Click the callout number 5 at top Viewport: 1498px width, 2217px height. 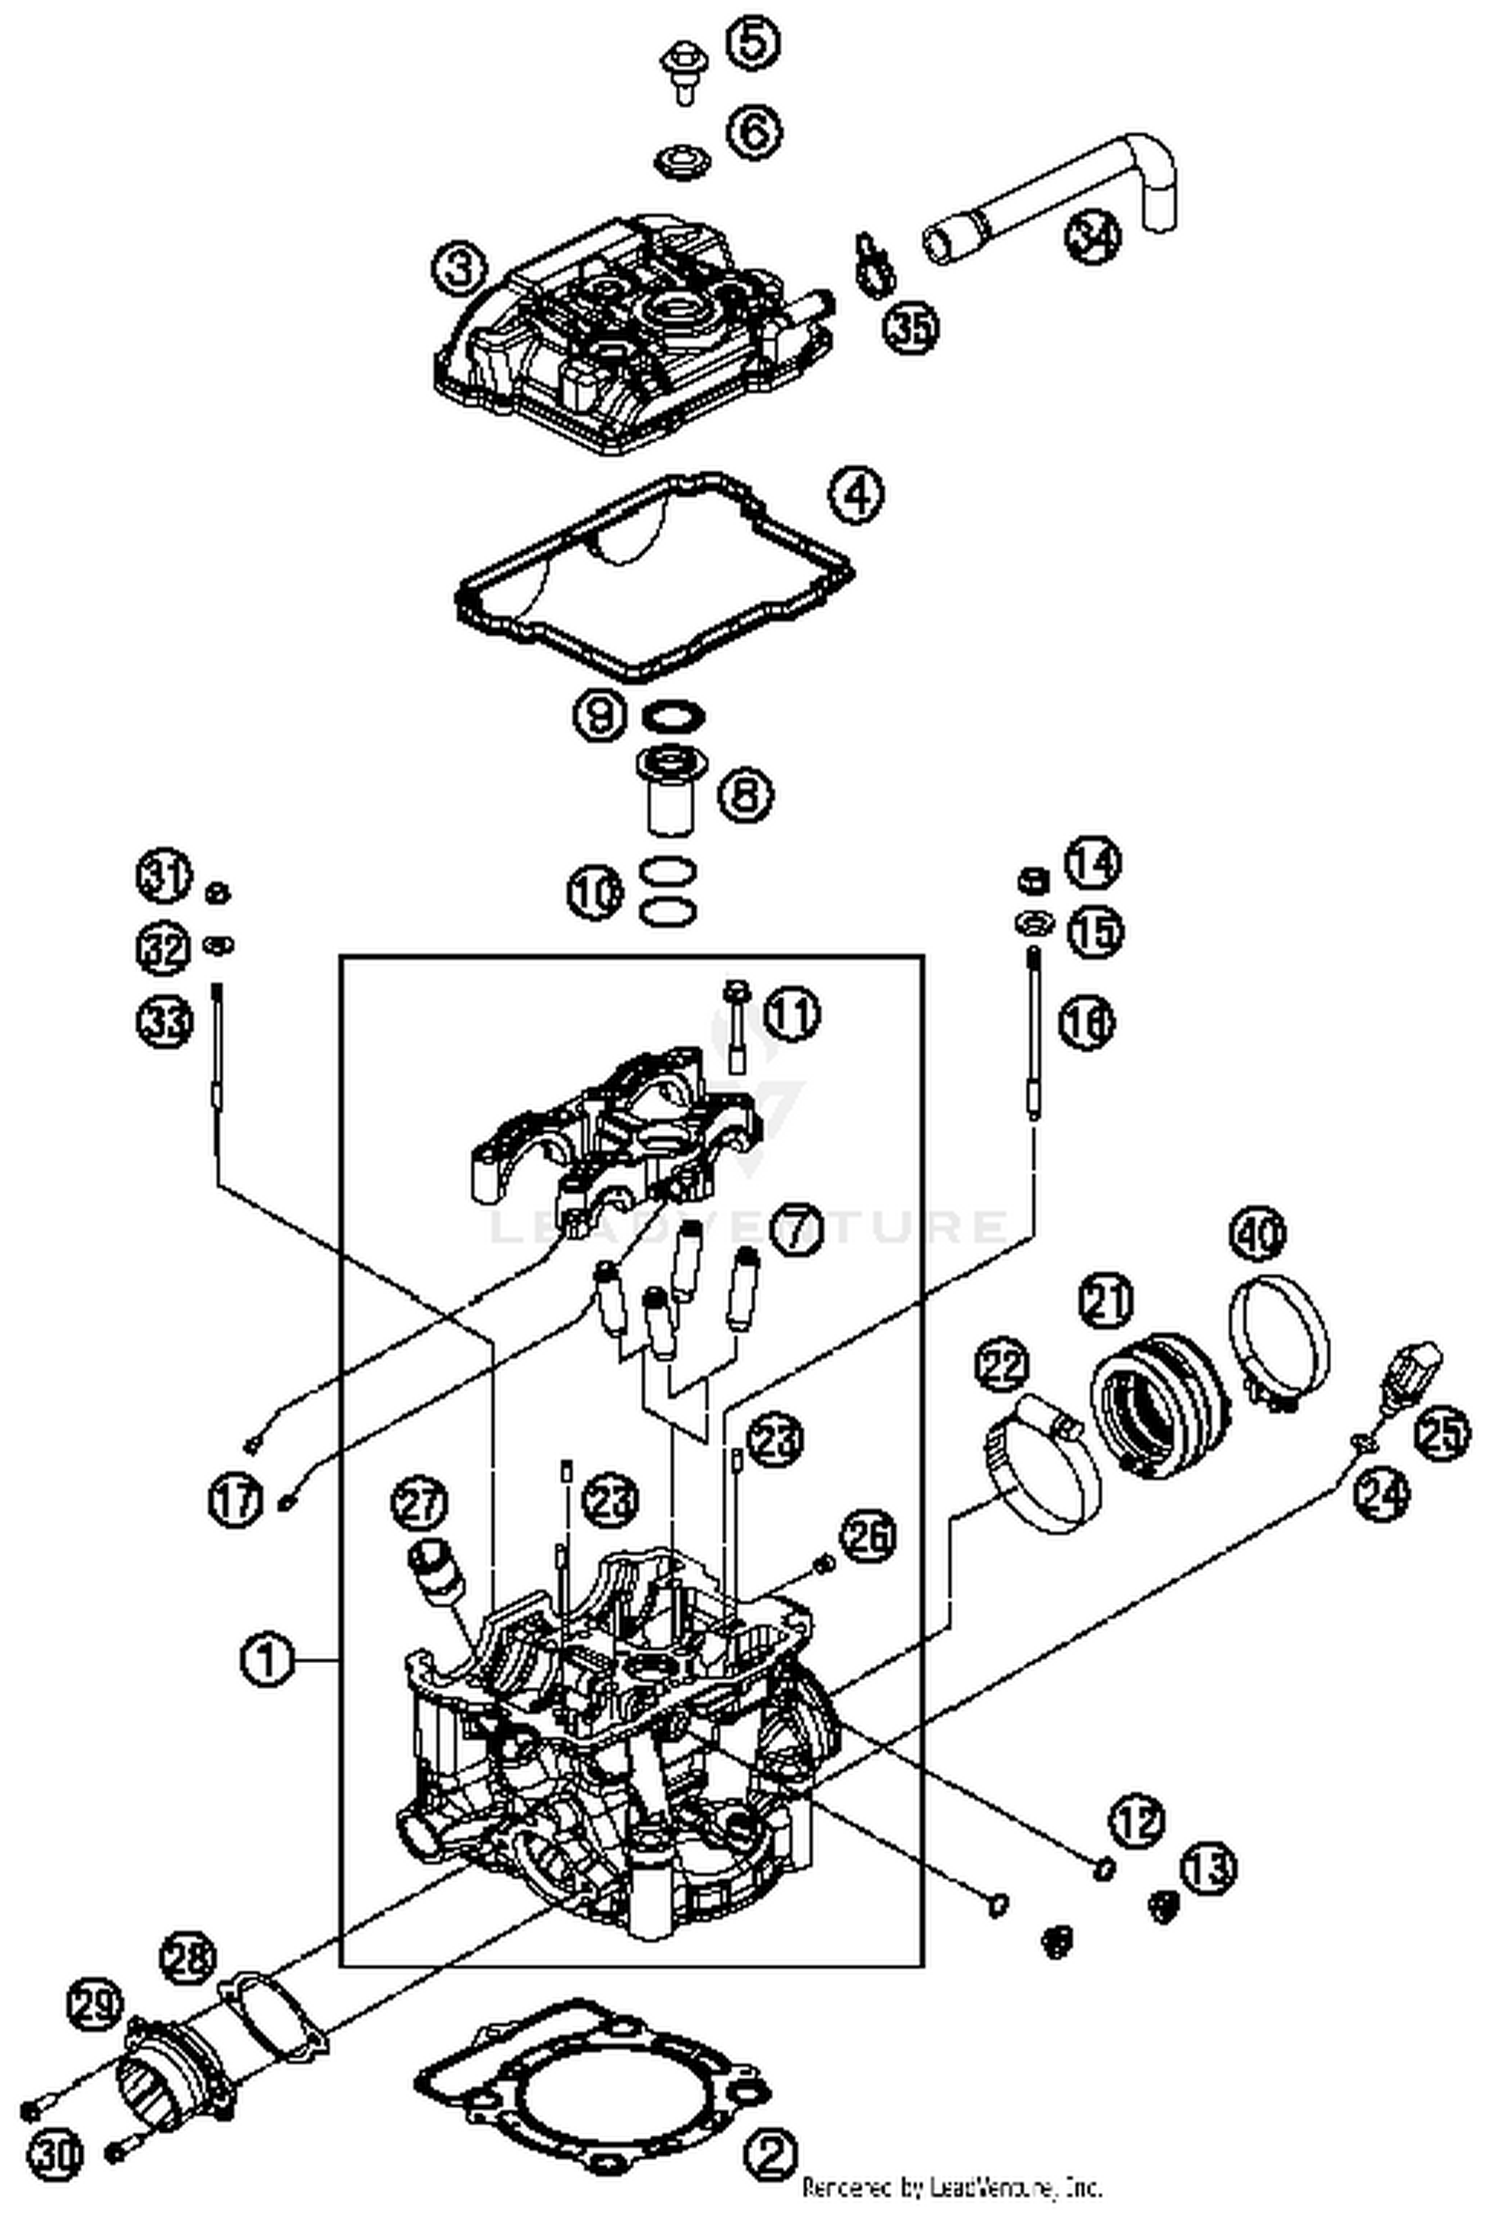753,44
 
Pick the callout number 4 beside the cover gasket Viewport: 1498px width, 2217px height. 857,494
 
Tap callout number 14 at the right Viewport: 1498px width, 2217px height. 1092,863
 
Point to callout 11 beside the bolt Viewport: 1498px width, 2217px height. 792,1015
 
